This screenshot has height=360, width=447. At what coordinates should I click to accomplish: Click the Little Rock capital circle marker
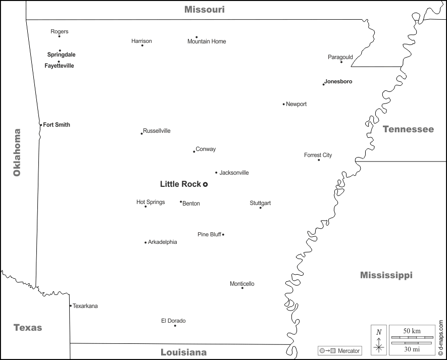coord(206,184)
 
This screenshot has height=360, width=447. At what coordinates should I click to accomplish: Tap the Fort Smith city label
coord(57,125)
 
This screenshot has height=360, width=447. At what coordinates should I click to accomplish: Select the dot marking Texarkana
coord(70,305)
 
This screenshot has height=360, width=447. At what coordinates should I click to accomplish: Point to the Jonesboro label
coord(338,81)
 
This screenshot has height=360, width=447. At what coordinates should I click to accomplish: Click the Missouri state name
coord(204,10)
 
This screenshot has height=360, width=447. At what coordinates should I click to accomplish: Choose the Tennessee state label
coord(408,129)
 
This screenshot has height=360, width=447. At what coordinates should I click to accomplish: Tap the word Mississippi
coord(386,275)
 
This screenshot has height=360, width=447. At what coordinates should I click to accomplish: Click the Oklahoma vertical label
coord(17,152)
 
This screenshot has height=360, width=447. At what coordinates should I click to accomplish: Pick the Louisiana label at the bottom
coord(183,352)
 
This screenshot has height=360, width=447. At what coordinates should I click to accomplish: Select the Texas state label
coord(28,328)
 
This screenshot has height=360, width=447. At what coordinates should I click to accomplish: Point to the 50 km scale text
coord(412,331)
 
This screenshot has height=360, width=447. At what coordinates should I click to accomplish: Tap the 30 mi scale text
coord(412,349)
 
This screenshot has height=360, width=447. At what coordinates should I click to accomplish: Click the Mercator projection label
coord(349,351)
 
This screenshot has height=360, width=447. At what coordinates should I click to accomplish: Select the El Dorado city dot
coord(175,326)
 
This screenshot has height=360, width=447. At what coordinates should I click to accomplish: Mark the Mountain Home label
coord(207,41)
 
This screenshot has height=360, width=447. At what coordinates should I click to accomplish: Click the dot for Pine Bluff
coord(223,234)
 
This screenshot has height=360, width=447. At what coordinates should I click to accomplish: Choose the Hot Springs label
coord(151,202)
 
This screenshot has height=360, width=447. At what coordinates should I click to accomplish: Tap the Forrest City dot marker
coord(319,160)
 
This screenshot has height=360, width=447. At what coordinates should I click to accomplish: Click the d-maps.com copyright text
coord(440,338)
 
